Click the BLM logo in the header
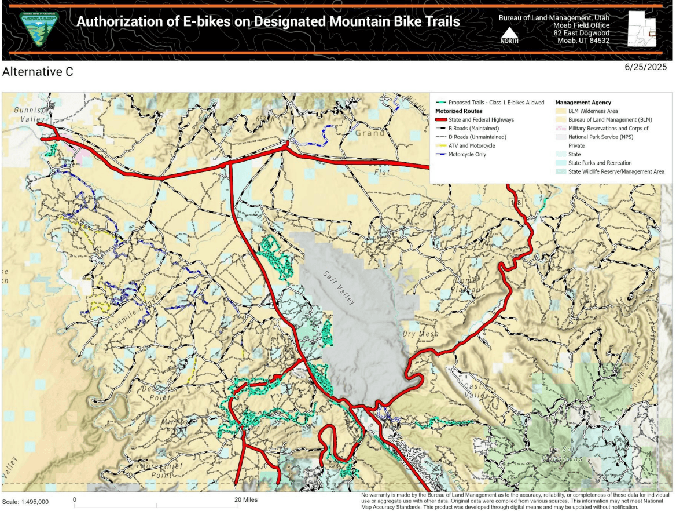click(39, 29)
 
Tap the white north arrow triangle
click(509, 32)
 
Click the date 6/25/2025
click(646, 67)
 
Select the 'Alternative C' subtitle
click(38, 72)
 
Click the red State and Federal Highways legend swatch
click(441, 120)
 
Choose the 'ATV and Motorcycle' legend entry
click(472, 146)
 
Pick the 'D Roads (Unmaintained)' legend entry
click(477, 137)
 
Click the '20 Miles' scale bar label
click(245, 499)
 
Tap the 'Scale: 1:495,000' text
click(25, 502)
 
